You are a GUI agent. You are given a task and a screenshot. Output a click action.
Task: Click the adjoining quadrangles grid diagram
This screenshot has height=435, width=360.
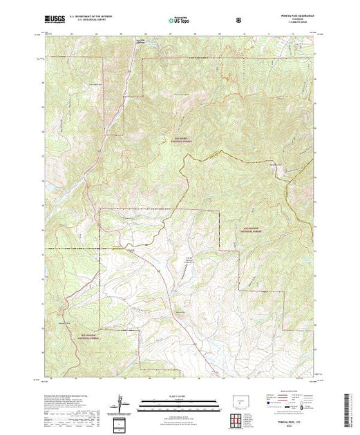(x=240, y=418)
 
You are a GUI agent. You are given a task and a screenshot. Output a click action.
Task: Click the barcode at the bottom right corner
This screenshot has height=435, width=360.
(x=348, y=406)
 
